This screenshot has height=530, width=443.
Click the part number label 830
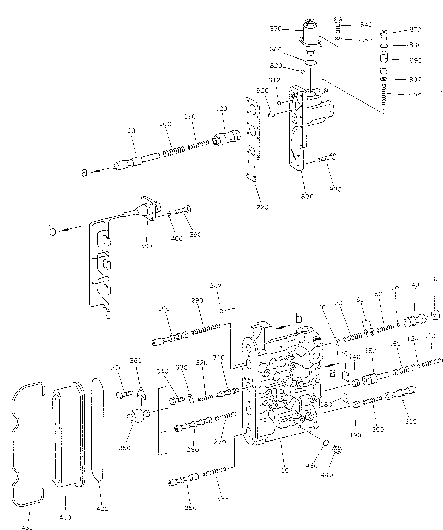click(x=275, y=29)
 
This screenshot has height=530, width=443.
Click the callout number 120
click(x=222, y=108)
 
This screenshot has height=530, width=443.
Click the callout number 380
click(x=146, y=246)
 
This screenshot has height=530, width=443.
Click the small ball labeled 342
click(x=221, y=311)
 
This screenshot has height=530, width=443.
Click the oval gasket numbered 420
click(x=98, y=429)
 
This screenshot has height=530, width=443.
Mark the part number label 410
click(x=65, y=517)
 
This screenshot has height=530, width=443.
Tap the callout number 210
click(x=411, y=421)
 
